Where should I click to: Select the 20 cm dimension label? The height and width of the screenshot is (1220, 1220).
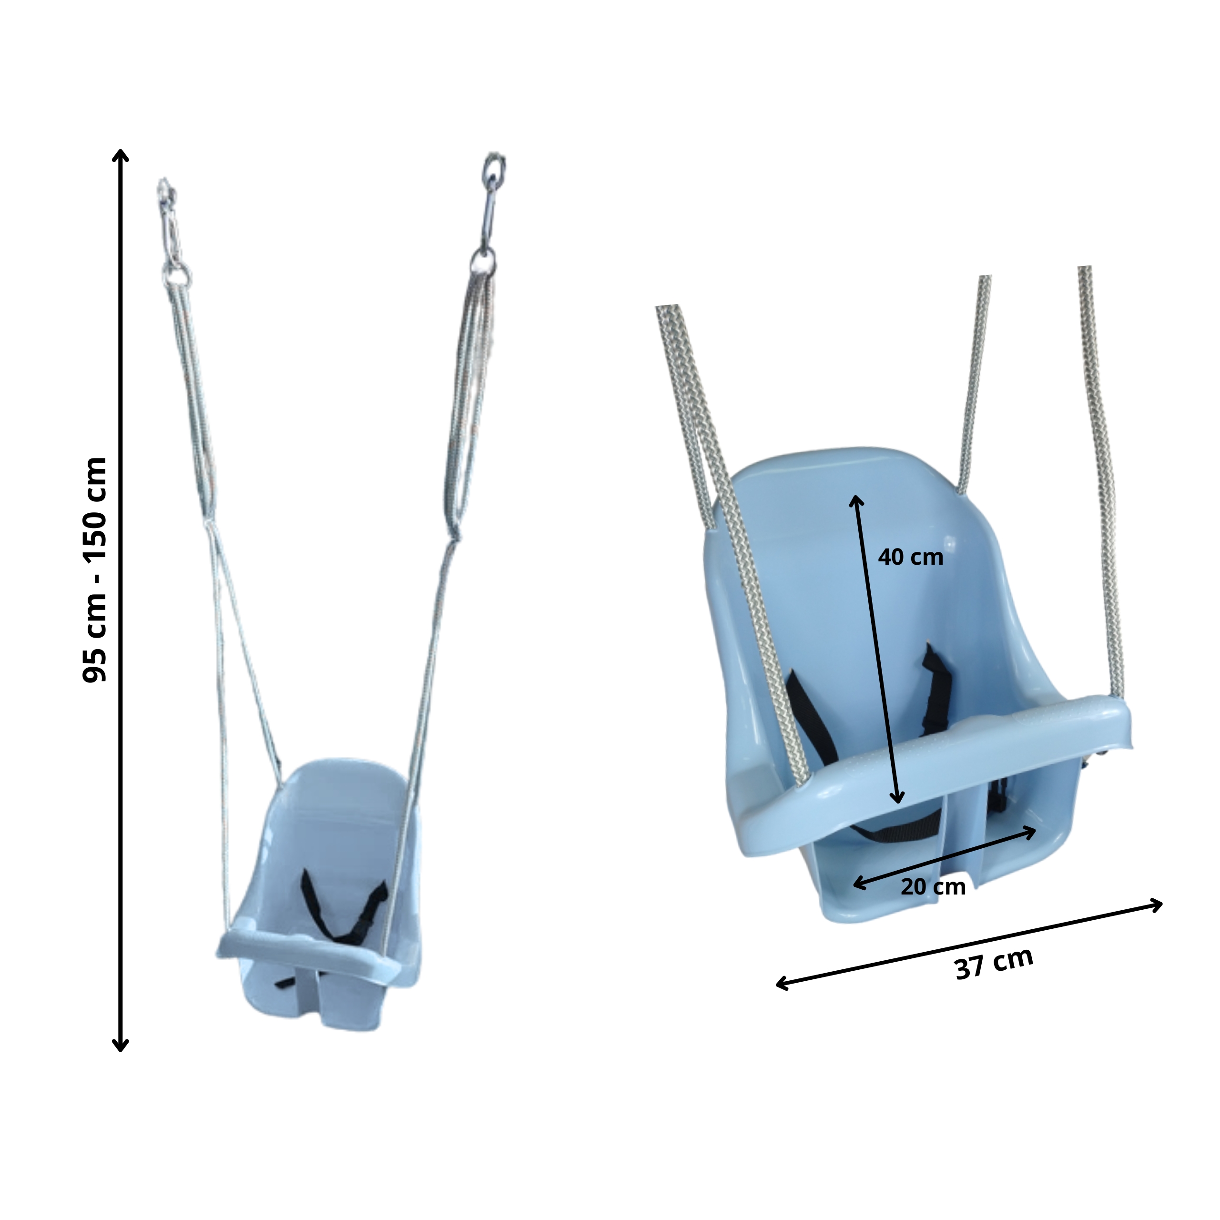tap(933, 886)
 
